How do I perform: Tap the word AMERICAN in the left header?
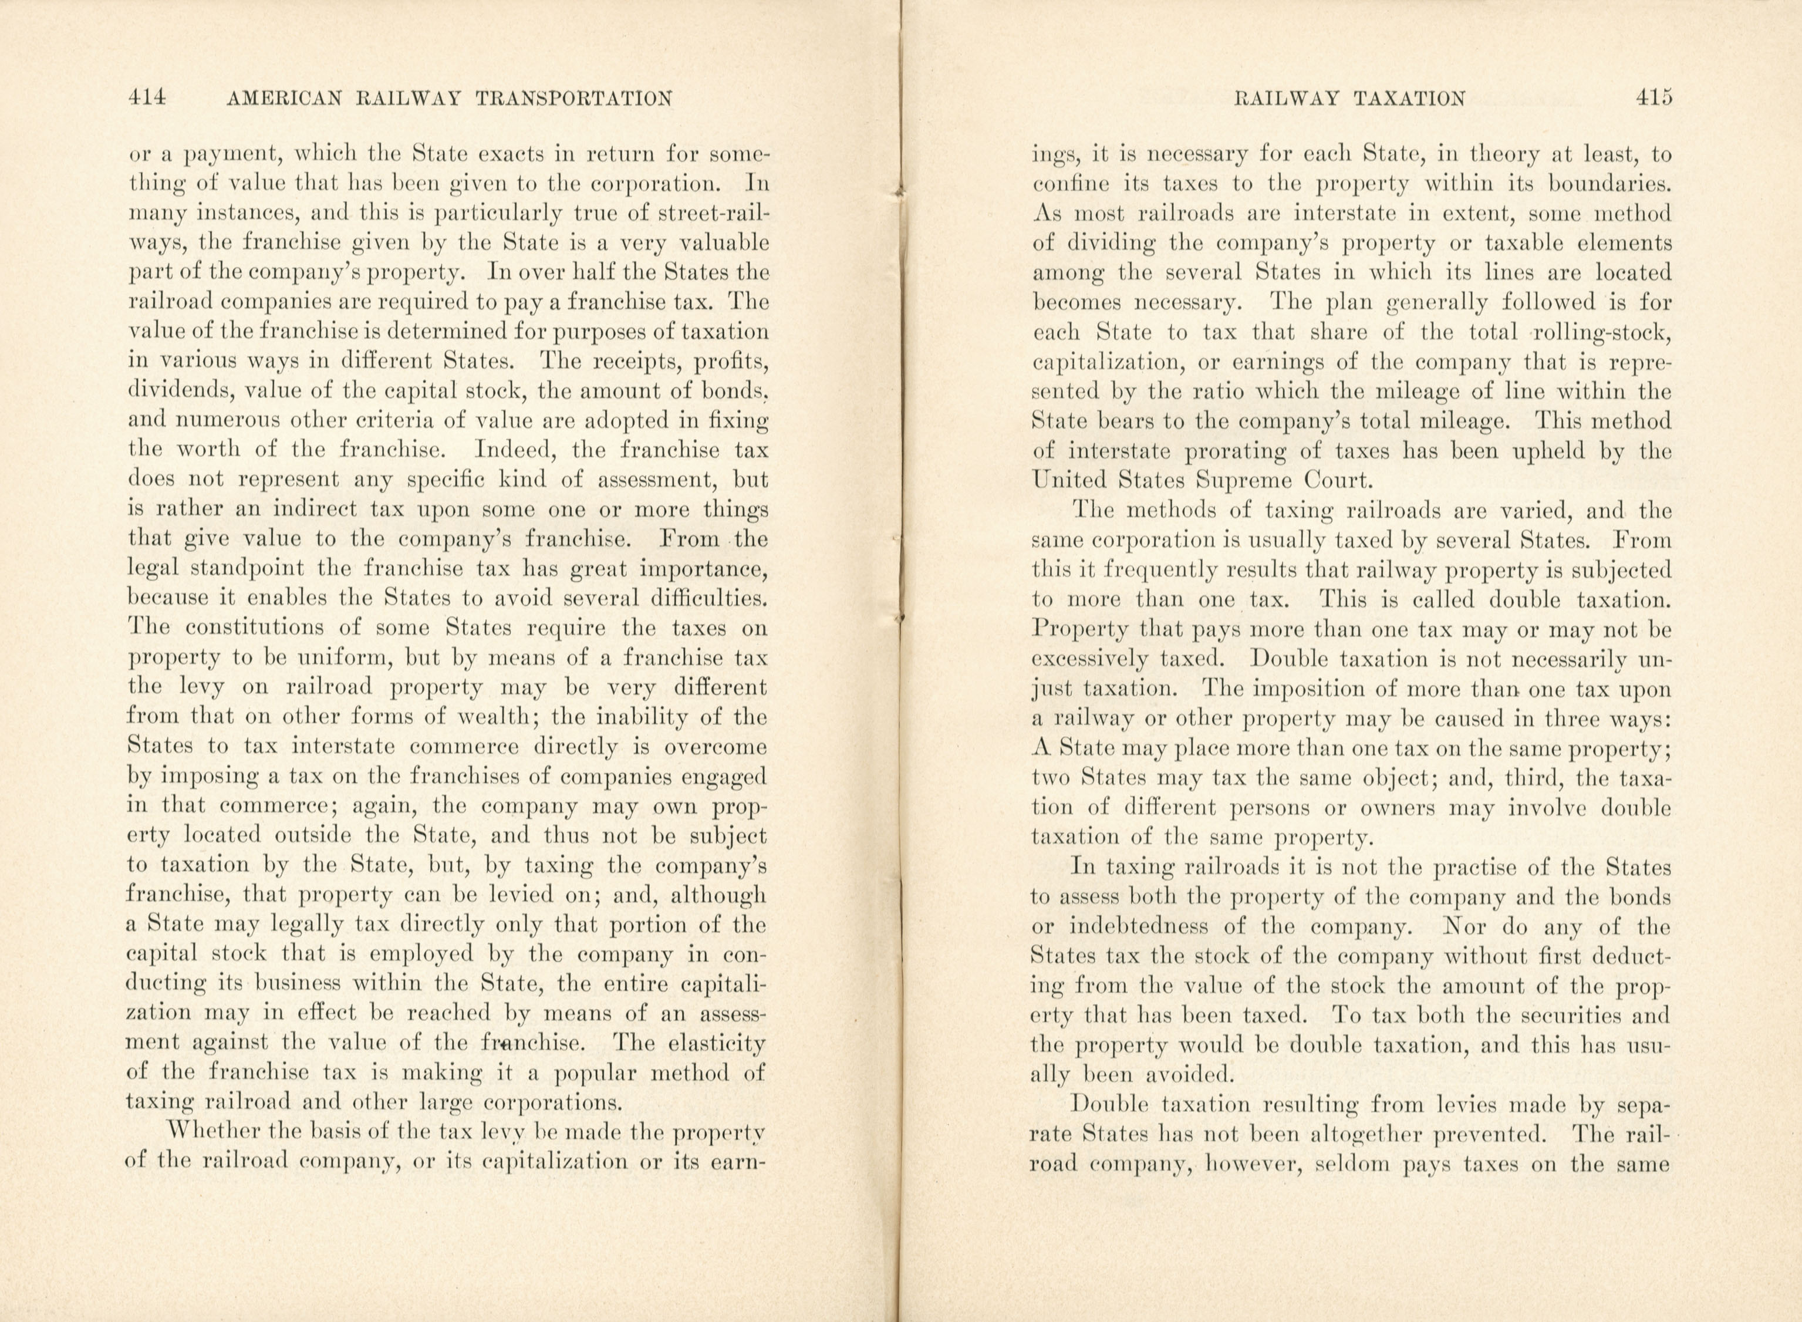click(x=285, y=99)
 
